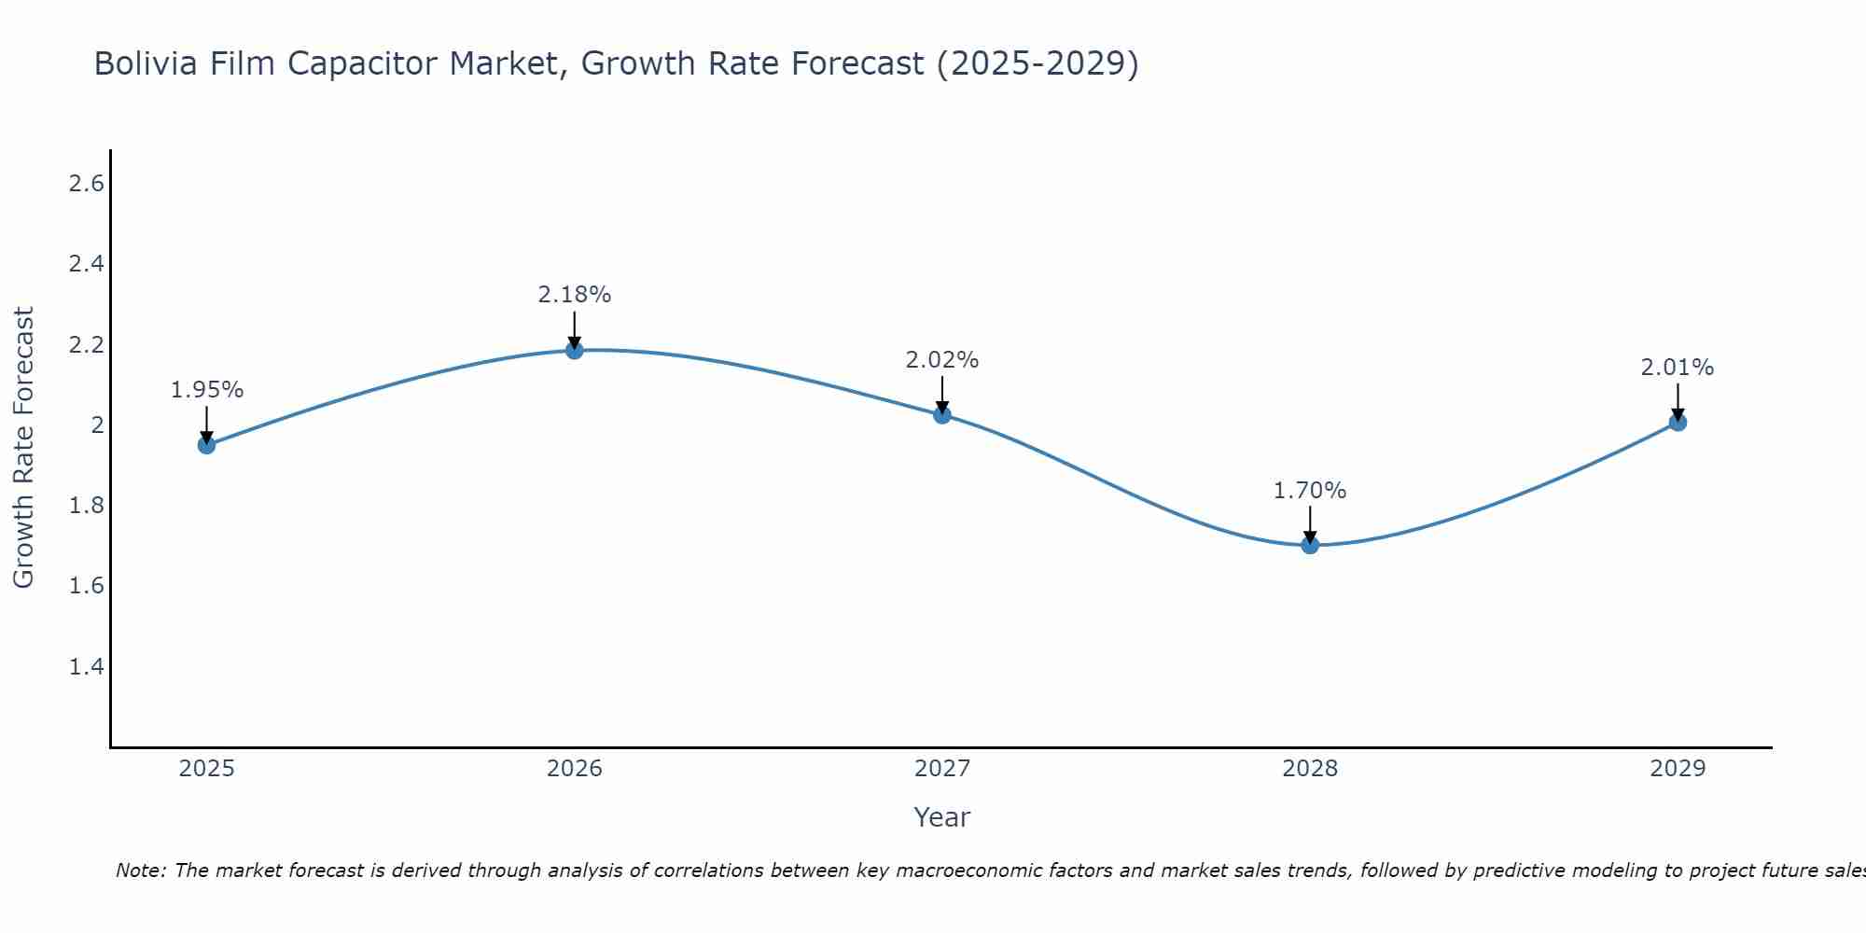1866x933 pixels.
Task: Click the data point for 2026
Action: [x=575, y=350]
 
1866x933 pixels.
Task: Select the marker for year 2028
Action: [x=1310, y=545]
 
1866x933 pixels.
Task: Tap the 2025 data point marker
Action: [x=207, y=445]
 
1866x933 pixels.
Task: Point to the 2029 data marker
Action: [x=1678, y=423]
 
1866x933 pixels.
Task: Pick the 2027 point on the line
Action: [x=942, y=415]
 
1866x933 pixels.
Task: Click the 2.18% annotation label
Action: [x=575, y=295]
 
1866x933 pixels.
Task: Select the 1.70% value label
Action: [x=1310, y=491]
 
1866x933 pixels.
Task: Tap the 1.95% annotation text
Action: [x=207, y=390]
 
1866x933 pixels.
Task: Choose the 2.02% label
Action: [x=942, y=360]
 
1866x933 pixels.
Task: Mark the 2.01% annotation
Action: [x=1678, y=368]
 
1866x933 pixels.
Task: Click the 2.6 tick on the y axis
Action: [x=86, y=184]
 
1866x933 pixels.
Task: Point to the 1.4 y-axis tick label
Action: [x=86, y=667]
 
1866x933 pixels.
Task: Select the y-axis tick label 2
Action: [x=97, y=425]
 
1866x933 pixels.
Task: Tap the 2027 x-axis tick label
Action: [x=942, y=769]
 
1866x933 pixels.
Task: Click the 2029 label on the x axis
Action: [x=1678, y=769]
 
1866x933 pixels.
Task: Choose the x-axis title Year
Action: [x=942, y=817]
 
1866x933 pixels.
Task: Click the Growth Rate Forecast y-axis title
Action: [x=24, y=448]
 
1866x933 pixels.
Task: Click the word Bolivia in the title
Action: [x=146, y=63]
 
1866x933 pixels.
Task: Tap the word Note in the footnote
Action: [x=140, y=870]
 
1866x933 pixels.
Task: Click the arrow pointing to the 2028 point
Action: [x=1310, y=524]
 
